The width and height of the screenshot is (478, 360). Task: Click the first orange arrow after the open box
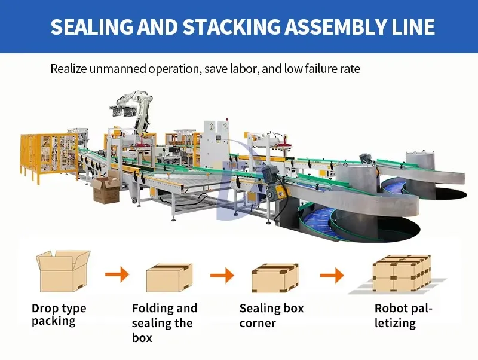point(117,275)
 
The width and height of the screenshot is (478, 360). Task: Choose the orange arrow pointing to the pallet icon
point(332,276)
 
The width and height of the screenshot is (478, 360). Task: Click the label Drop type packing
point(59,315)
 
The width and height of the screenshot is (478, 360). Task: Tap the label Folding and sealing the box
point(164,323)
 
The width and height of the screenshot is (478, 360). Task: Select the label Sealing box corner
point(271,316)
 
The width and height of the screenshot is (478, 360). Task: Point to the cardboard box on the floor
point(105,190)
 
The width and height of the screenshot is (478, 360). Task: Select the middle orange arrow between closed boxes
point(222,276)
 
